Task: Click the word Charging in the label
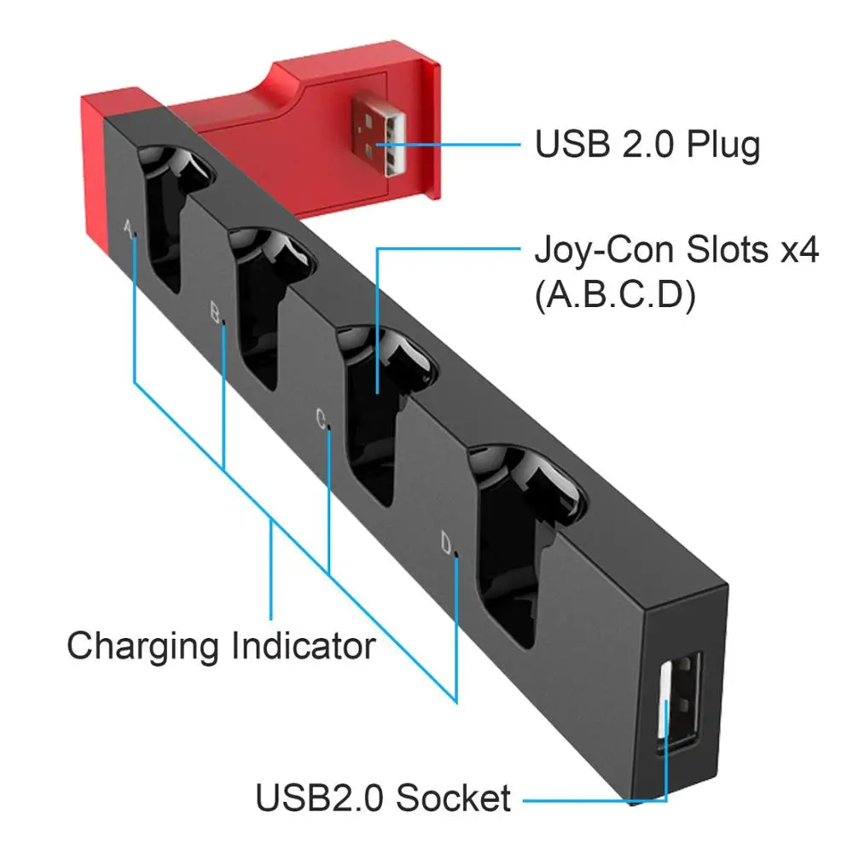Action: point(146,646)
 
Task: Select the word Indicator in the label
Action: point(303,646)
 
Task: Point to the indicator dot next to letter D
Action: point(458,554)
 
